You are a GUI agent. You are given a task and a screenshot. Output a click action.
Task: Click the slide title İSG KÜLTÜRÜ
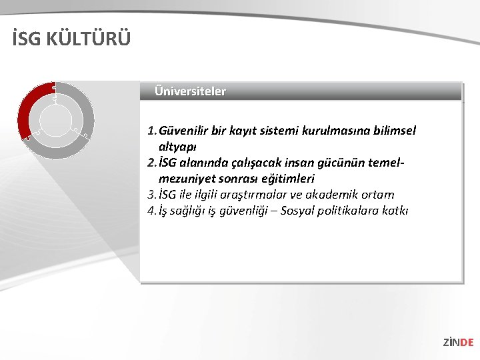point(71,39)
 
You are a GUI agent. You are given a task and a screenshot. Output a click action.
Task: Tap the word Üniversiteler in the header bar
point(190,91)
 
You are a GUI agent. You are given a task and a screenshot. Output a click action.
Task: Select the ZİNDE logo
point(458,342)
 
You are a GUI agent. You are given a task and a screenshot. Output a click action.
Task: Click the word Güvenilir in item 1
point(183,131)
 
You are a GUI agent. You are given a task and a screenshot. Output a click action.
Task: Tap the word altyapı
point(177,146)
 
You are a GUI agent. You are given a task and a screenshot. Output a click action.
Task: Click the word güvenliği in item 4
point(245,211)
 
